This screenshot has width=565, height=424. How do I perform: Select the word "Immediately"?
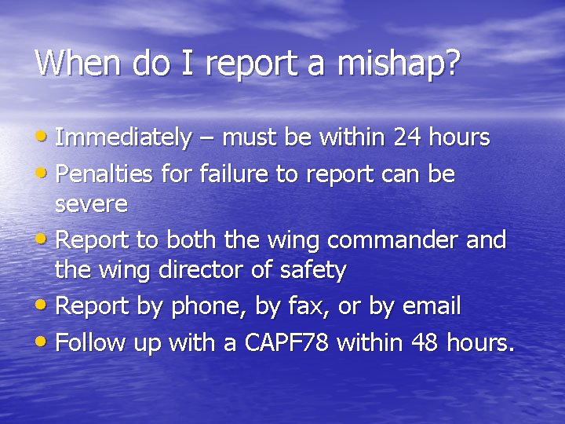[x=123, y=138]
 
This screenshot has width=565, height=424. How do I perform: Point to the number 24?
[x=408, y=138]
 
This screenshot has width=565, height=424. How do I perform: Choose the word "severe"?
[x=91, y=205]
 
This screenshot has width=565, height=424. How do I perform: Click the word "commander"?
[x=395, y=239]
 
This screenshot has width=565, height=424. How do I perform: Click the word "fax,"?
[x=307, y=307]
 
